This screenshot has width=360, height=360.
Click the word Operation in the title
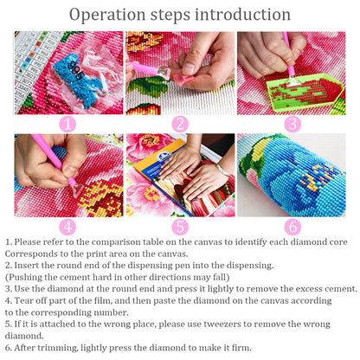tap(108, 16)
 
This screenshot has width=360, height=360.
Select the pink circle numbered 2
tap(179, 123)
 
